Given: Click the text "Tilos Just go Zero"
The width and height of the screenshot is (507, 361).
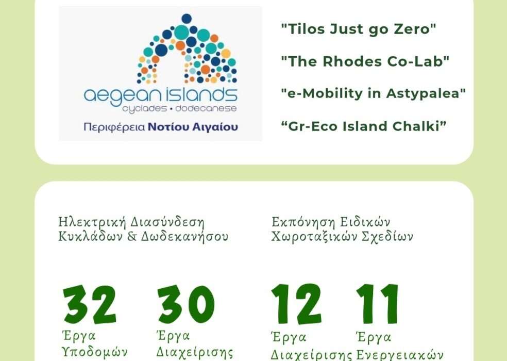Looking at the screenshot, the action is [359, 29].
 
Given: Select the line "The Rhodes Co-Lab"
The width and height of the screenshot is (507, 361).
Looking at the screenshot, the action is [365, 61].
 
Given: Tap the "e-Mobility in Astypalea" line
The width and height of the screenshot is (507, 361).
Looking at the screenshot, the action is [374, 93].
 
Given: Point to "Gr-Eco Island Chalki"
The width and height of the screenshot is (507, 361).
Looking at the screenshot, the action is [364, 126].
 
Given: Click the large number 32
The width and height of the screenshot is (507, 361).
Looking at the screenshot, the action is [90, 304].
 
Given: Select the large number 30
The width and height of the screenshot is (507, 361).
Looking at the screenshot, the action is [186, 304].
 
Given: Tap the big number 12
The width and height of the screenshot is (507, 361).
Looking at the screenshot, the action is [296, 303].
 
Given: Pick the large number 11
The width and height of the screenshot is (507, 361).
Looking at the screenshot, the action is [377, 303].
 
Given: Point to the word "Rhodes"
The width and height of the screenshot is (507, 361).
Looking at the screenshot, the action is [348, 61].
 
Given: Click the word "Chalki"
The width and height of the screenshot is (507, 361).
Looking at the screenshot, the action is [419, 126].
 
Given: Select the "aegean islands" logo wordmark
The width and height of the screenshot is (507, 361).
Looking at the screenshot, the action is [160, 95].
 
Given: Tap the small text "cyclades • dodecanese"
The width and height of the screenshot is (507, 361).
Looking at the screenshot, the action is [179, 109].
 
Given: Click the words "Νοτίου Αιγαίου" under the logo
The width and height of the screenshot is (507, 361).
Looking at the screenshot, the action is [193, 127].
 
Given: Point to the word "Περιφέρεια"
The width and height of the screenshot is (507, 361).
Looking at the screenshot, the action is [114, 127].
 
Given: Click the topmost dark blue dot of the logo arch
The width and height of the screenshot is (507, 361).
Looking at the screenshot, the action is [187, 19].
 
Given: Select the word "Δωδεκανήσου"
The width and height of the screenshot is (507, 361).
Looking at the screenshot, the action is [184, 236].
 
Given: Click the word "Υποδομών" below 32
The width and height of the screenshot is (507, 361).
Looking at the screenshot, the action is [94, 352].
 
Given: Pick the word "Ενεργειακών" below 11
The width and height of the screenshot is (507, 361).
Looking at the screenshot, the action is [400, 354].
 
